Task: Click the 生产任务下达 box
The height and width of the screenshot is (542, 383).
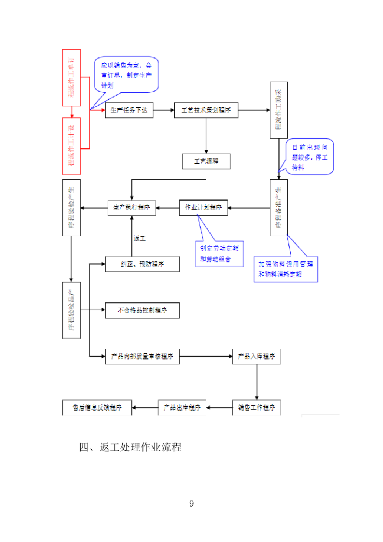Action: click(x=129, y=110)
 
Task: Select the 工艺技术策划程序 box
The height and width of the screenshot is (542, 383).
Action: click(x=206, y=110)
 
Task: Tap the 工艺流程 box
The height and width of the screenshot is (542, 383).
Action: click(x=206, y=161)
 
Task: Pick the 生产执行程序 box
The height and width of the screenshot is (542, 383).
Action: click(x=131, y=208)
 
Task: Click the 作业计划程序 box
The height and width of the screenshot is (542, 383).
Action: click(x=203, y=208)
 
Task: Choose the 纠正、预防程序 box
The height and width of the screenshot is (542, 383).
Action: click(x=142, y=264)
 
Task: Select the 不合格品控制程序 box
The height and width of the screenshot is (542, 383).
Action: click(x=142, y=310)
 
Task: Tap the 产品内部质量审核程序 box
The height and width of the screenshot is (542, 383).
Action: click(x=142, y=357)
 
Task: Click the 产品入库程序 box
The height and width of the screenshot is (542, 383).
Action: click(x=256, y=357)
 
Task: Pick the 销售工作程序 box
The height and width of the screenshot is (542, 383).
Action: click(x=256, y=407)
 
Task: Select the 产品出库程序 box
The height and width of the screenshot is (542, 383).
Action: click(x=183, y=407)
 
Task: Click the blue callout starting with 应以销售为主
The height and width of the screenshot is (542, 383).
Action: click(x=127, y=75)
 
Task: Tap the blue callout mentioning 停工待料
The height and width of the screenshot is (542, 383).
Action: click(x=310, y=157)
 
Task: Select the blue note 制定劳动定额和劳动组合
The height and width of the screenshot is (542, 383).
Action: click(x=219, y=254)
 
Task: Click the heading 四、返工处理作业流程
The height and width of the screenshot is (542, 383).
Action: click(x=130, y=447)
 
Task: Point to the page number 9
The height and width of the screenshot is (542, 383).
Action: click(x=192, y=504)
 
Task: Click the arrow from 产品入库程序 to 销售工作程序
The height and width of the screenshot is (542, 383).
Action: click(x=256, y=382)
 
